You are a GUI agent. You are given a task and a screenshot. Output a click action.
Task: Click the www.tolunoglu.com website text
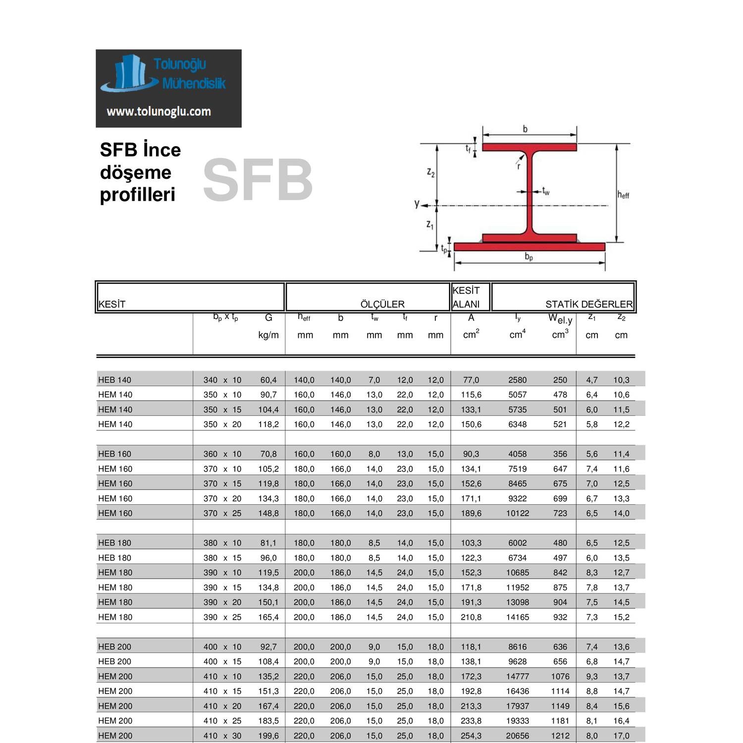(159, 111)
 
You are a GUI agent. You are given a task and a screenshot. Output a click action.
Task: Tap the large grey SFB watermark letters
(258, 180)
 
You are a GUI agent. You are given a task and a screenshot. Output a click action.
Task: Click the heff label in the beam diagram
(623, 195)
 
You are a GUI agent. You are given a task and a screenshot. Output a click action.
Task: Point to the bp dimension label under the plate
(529, 257)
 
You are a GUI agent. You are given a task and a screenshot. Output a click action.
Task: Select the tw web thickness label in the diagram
(545, 191)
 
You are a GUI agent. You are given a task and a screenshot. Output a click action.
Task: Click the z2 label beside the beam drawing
(430, 172)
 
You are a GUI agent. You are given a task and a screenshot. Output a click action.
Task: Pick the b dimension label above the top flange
(525, 129)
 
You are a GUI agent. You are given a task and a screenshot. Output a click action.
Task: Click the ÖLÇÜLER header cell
(382, 304)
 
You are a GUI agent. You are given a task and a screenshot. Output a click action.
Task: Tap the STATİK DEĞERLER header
(588, 304)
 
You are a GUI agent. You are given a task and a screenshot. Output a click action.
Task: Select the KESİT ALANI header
(466, 297)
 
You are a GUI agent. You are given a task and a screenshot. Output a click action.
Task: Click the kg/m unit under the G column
(268, 335)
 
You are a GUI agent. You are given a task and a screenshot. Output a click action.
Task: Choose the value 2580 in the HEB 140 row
(517, 380)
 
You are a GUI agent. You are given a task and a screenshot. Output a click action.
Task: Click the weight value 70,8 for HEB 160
(268, 454)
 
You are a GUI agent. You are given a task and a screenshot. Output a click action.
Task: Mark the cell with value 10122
(517, 513)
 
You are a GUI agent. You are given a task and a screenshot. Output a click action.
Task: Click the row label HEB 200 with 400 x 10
(114, 646)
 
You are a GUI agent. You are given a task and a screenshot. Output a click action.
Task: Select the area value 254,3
(471, 736)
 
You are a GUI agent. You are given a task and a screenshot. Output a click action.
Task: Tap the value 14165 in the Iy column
(517, 617)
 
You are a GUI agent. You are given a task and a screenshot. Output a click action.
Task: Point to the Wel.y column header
(560, 319)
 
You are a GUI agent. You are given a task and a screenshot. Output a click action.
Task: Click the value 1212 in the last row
(560, 736)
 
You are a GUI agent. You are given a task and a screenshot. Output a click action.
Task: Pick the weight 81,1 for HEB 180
(268, 543)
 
